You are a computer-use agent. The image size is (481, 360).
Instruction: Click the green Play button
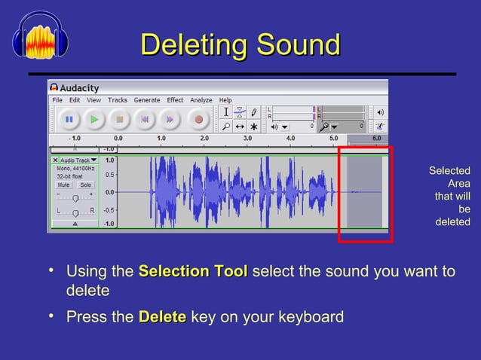point(94,119)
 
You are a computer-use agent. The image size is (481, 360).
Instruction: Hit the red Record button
point(198,119)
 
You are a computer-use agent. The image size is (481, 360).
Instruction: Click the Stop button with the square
point(119,119)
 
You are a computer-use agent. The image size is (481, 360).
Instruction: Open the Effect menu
point(175,100)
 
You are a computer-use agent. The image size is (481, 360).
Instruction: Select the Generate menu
point(147,100)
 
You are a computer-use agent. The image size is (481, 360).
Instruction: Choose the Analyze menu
point(201,100)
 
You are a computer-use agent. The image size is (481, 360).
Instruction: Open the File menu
point(57,100)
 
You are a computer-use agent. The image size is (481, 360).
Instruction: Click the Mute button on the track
point(64,185)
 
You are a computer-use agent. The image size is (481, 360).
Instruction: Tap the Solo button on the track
point(86,185)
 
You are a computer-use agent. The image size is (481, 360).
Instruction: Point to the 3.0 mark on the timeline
point(247,139)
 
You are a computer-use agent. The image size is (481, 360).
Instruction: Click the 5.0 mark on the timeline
point(333,139)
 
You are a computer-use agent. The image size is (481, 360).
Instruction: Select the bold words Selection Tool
point(193,271)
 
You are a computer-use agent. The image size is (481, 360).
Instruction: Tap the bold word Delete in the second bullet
point(162,316)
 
